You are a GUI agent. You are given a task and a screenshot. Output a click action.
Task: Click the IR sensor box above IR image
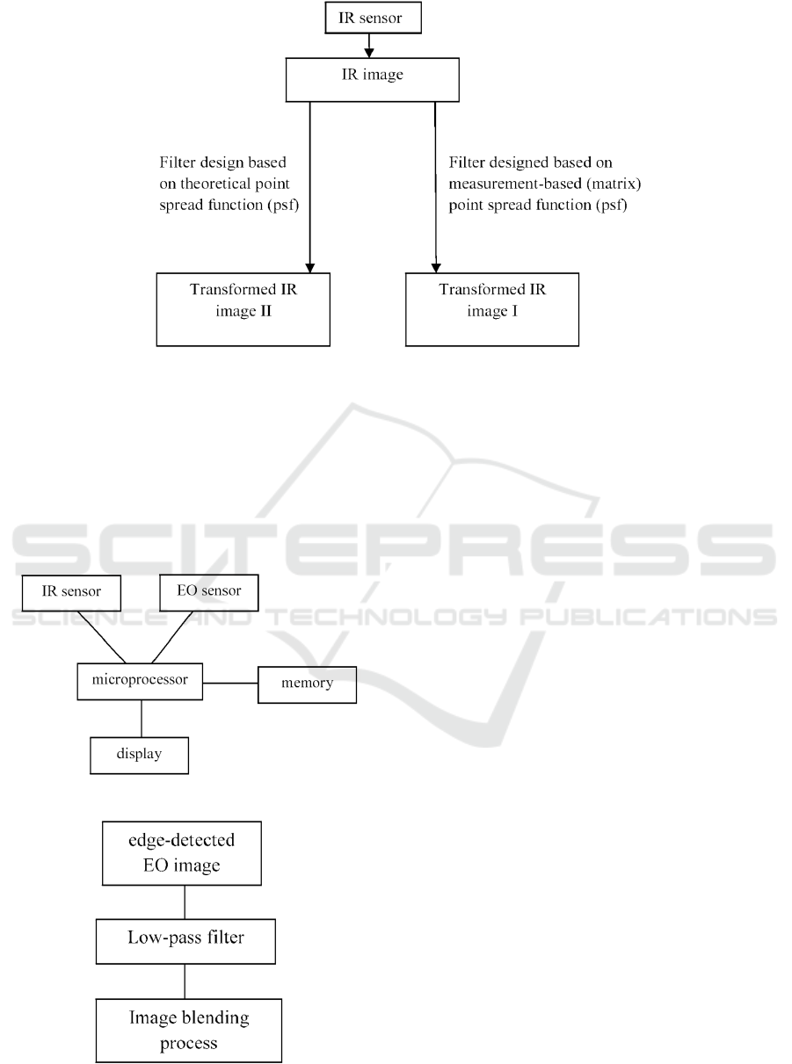(373, 18)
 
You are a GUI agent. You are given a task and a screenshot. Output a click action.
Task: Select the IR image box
(373, 80)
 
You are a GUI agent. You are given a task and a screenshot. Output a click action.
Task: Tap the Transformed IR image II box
(243, 309)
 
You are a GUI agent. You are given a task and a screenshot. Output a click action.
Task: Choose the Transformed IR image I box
(492, 309)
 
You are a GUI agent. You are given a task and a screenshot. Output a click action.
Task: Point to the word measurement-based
(515, 184)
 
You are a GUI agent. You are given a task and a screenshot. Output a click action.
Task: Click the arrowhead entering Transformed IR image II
(310, 268)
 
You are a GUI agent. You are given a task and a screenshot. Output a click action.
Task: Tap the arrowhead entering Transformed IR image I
(436, 268)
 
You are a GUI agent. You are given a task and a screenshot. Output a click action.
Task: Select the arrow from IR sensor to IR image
(368, 46)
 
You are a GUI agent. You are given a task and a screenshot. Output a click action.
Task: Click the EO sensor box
(209, 592)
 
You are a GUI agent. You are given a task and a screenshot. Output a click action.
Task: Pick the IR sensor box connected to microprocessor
(71, 593)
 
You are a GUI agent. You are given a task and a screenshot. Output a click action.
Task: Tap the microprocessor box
(140, 681)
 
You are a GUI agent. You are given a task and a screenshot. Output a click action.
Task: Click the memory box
(307, 684)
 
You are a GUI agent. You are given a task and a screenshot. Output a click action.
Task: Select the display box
(139, 756)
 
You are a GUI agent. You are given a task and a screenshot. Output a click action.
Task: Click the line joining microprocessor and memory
(230, 683)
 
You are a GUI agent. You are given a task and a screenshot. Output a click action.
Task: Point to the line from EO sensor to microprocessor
(172, 637)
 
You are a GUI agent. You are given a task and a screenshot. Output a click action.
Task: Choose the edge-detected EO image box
(182, 853)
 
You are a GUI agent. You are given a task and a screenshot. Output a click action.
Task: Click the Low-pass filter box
(185, 941)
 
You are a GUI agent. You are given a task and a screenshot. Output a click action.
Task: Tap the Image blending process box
(189, 1031)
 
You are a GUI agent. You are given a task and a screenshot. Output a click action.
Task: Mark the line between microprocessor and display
(142, 719)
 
